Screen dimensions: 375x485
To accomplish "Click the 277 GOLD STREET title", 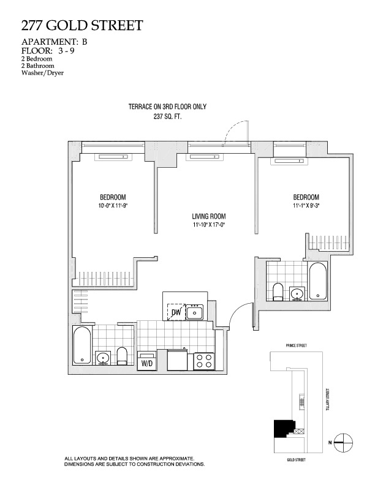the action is [82, 26].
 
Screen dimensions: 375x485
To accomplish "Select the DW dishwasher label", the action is [176, 313].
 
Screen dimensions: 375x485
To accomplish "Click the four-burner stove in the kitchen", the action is [203, 361].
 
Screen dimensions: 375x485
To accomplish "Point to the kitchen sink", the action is [195, 312].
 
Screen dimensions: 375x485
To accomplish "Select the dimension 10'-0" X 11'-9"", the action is [113, 206].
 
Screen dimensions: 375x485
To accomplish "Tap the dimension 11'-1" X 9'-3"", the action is [306, 206].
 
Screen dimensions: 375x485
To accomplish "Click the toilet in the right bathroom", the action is [276, 291].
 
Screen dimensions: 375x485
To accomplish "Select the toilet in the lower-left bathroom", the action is [122, 356].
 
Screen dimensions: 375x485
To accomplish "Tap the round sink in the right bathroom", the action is [297, 293].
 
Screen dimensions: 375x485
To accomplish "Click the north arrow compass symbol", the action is [345, 440].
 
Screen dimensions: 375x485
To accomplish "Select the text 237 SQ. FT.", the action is [167, 115].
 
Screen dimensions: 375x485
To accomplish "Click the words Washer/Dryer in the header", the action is [42, 72].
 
